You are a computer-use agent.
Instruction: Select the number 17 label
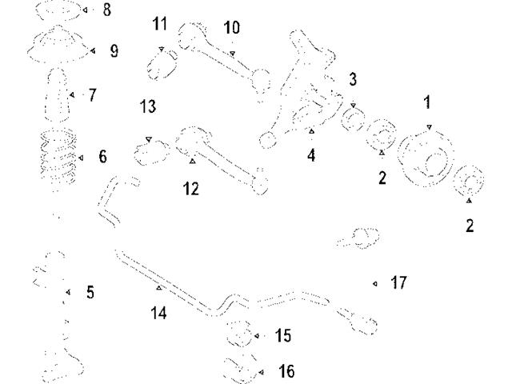tap(399, 283)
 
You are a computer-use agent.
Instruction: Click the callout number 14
tap(158, 313)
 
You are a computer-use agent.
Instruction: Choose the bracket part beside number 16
tap(240, 370)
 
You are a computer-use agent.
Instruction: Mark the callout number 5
tap(90, 293)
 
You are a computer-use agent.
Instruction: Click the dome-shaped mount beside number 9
tap(58, 46)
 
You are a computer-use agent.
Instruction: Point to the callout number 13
tap(147, 106)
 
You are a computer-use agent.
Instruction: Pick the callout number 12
tap(190, 189)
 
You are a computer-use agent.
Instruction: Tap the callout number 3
tap(353, 80)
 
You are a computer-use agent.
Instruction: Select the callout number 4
tap(311, 156)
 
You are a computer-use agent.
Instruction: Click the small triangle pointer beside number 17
tap(375, 283)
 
